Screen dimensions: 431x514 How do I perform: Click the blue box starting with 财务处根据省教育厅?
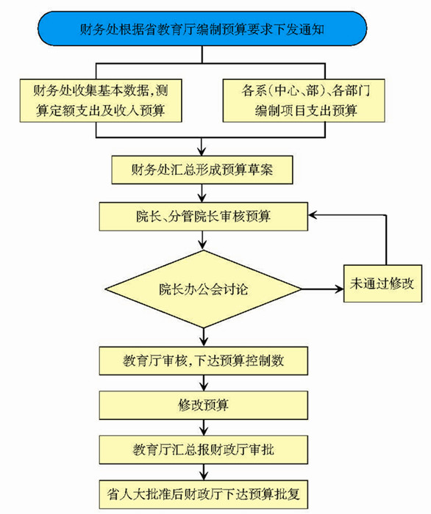pyautogui.click(x=202, y=29)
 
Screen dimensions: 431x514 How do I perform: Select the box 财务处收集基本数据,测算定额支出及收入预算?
pyautogui.click(x=101, y=101)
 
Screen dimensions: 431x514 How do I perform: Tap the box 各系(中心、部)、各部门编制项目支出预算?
pyautogui.click(x=304, y=101)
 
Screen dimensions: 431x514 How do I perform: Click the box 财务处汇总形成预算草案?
pyautogui.click(x=202, y=170)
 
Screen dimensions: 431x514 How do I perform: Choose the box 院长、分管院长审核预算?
pyautogui.click(x=204, y=217)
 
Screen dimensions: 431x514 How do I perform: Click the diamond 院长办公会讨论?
pyautogui.click(x=204, y=289)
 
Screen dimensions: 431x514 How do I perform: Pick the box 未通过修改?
pyautogui.click(x=382, y=283)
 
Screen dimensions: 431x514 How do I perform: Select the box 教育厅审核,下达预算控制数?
pyautogui.click(x=204, y=361)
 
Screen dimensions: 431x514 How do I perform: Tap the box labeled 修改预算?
pyautogui.click(x=204, y=405)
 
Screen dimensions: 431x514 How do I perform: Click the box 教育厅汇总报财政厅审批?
pyautogui.click(x=204, y=449)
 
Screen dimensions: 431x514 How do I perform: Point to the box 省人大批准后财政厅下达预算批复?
pyautogui.click(x=204, y=494)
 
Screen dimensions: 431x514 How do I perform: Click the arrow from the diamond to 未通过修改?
pyautogui.click(x=322, y=289)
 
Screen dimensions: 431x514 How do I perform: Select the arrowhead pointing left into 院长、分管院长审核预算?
pyautogui.click(x=313, y=215)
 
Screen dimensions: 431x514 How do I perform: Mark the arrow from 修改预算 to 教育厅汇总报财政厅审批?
pyautogui.click(x=204, y=428)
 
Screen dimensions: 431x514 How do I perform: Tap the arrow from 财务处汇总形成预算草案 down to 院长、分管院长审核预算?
pyautogui.click(x=202, y=193)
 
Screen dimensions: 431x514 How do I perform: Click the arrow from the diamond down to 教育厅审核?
pyautogui.click(x=204, y=337)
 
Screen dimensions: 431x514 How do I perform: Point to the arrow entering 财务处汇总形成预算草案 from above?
pyautogui.click(x=202, y=147)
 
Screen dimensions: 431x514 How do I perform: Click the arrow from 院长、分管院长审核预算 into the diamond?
pyautogui.click(x=202, y=240)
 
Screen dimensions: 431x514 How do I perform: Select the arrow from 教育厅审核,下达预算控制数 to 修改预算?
pyautogui.click(x=204, y=383)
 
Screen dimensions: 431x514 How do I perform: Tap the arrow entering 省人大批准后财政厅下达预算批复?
pyautogui.click(x=204, y=472)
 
